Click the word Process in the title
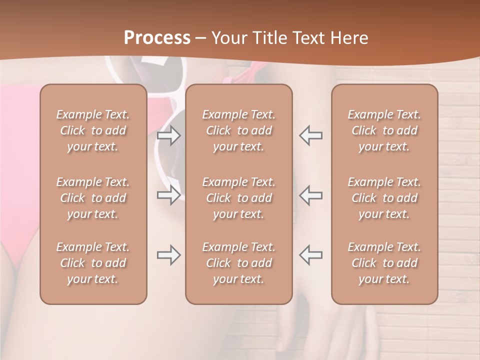(x=157, y=38)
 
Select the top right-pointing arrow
(x=168, y=135)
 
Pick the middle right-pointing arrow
(x=168, y=195)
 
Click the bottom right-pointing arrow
(x=168, y=255)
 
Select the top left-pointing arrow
(x=311, y=135)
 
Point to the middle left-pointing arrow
(x=311, y=195)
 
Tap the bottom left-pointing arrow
(x=311, y=255)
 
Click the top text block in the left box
(x=93, y=130)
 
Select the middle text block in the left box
(x=93, y=198)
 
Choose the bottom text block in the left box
(x=93, y=263)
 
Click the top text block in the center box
(x=239, y=130)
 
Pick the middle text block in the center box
(x=239, y=198)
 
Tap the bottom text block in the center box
(x=239, y=263)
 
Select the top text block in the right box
(x=384, y=130)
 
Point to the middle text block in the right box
(x=384, y=198)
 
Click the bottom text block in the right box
(x=384, y=263)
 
